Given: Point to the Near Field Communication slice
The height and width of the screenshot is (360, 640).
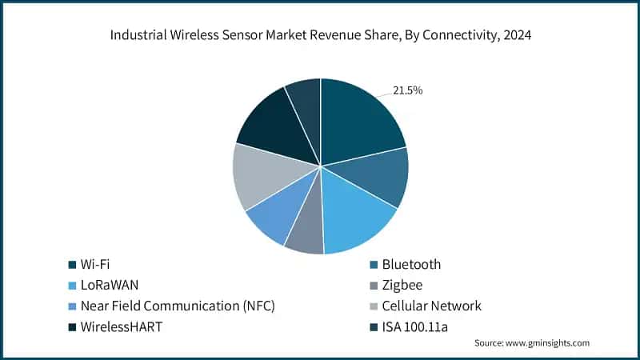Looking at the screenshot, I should coord(268,220).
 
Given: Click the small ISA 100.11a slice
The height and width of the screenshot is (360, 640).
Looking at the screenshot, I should coord(305,99).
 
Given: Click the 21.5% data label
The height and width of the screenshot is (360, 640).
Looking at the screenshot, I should coord(407,90).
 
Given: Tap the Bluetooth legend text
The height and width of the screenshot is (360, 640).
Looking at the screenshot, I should coord(411,264).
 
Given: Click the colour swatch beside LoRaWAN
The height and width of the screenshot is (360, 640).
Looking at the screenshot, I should coord(73,286).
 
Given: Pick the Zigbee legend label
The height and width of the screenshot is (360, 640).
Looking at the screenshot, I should coord(405,285).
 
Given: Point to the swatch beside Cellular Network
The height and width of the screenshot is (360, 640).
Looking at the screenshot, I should coord(374,306).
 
